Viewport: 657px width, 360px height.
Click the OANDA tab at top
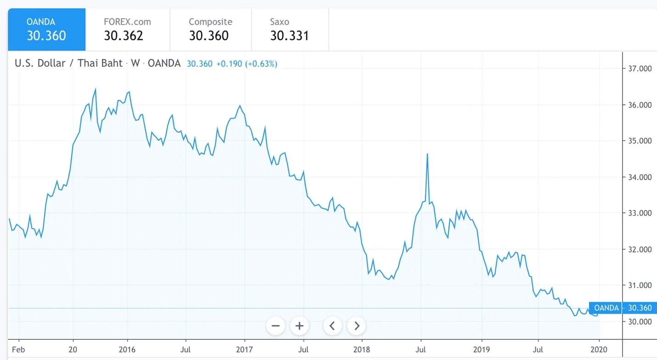pos(46,29)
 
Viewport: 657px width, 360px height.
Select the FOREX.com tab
pos(127,29)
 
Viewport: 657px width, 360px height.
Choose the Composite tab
pos(210,29)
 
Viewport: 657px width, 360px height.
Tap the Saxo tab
pos(289,29)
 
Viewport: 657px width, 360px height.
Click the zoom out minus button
pos(276,326)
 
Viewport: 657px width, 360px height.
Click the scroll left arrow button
pos(332,326)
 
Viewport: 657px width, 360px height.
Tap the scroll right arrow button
pos(357,326)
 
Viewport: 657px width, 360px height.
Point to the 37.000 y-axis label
pos(640,69)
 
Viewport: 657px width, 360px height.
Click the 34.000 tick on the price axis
pos(640,177)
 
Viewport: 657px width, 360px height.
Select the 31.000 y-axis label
pos(640,286)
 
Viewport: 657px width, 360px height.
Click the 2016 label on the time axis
pos(127,350)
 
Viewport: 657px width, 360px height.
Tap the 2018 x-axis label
pos(362,350)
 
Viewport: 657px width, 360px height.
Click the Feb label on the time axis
pos(18,350)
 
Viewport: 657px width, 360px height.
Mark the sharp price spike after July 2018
pos(427,154)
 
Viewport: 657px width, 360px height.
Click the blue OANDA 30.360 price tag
pos(623,308)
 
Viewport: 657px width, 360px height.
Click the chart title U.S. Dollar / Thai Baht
pos(68,63)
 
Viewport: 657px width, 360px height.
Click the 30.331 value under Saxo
pos(289,36)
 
